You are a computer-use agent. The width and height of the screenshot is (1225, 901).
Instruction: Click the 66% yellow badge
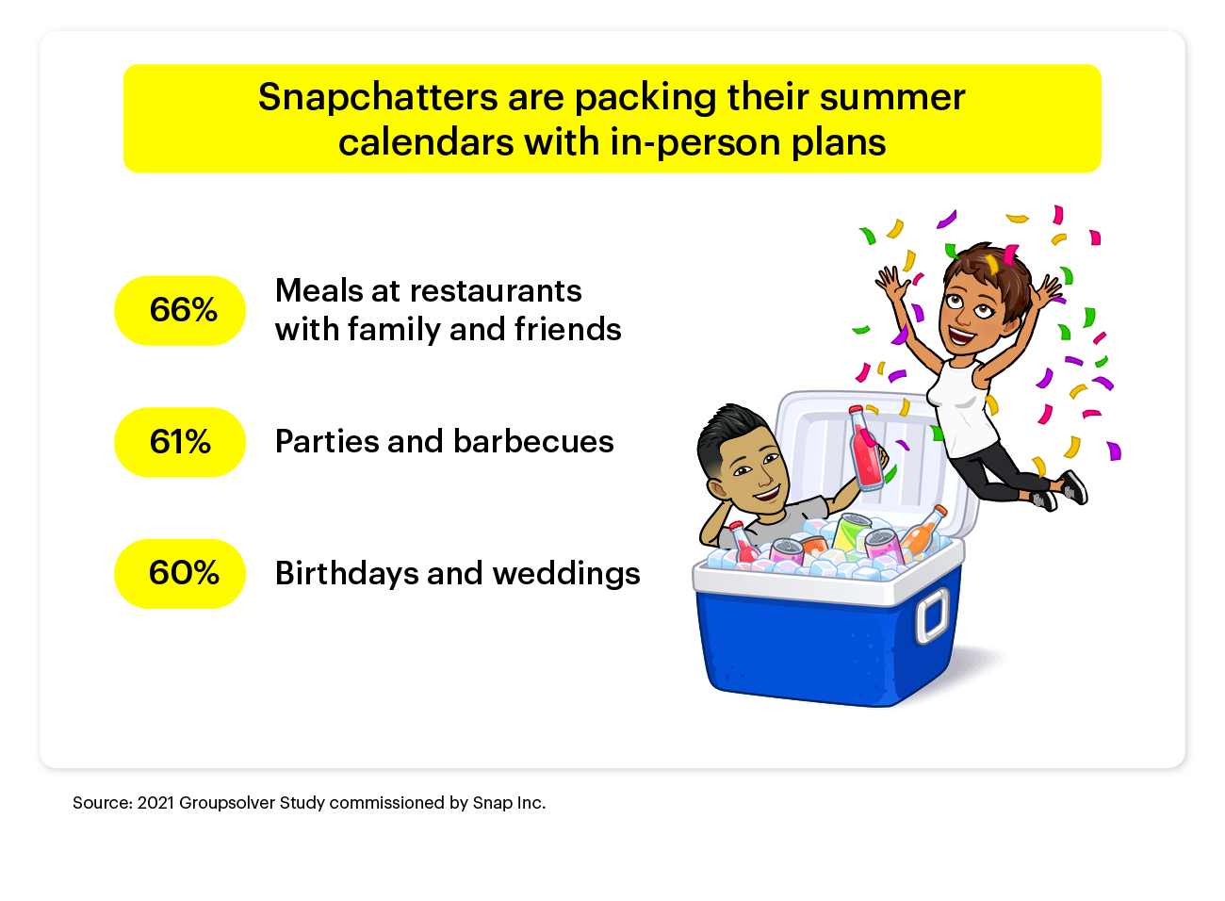[x=180, y=311]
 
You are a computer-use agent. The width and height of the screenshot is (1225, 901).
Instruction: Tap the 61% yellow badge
[x=180, y=443]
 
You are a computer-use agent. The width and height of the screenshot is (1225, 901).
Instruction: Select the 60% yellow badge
[x=180, y=574]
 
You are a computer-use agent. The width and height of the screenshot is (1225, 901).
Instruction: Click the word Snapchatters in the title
[x=378, y=97]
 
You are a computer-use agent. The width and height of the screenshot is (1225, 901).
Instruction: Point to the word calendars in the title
[x=426, y=142]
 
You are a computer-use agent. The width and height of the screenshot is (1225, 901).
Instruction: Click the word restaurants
[x=496, y=290]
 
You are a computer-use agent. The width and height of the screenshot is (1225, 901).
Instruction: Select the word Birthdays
[x=347, y=574]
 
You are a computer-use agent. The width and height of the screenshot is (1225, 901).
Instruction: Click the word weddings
[x=566, y=574]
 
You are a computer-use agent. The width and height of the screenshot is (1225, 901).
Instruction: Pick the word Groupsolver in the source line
[x=227, y=803]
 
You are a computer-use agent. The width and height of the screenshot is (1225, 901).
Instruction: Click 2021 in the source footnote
[x=155, y=803]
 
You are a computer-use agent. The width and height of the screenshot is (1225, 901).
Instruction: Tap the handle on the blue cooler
[x=933, y=616]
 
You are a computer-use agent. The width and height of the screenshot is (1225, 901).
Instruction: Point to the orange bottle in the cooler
[x=923, y=530]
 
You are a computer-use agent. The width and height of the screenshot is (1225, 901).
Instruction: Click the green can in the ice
[x=851, y=532]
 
